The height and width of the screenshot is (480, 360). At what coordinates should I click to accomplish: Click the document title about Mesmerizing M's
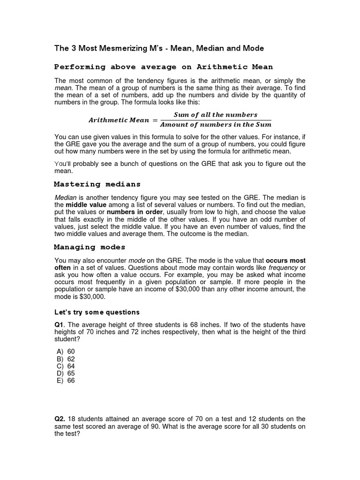pyautogui.click(x=159, y=48)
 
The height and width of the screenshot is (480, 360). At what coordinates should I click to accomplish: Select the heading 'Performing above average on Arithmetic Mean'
pyautogui.click(x=164, y=67)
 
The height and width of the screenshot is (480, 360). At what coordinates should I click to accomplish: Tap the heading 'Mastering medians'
pyautogui.click(x=97, y=184)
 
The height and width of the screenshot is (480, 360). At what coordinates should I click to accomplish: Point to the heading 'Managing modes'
pyautogui.click(x=90, y=247)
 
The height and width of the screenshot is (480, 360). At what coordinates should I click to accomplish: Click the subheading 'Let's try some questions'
pyautogui.click(x=97, y=312)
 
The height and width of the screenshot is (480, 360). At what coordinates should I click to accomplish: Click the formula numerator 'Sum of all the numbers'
pyautogui.click(x=216, y=115)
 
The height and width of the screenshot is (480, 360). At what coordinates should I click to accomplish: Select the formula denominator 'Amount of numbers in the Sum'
pyautogui.click(x=216, y=125)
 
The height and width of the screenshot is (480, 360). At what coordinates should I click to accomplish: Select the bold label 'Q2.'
pyautogui.click(x=60, y=419)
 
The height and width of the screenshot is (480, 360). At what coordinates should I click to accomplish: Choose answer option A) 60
pyautogui.click(x=66, y=351)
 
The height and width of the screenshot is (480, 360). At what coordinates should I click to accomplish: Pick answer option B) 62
pyautogui.click(x=66, y=359)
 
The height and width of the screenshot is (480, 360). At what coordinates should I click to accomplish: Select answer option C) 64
pyautogui.click(x=66, y=366)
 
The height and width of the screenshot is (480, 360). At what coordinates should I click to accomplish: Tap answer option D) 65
pyautogui.click(x=66, y=373)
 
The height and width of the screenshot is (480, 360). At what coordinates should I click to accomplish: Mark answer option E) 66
pyautogui.click(x=66, y=381)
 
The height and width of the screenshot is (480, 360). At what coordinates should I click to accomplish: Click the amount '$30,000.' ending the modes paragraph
pyautogui.click(x=92, y=297)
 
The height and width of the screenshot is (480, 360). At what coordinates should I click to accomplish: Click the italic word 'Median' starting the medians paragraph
pyautogui.click(x=65, y=198)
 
